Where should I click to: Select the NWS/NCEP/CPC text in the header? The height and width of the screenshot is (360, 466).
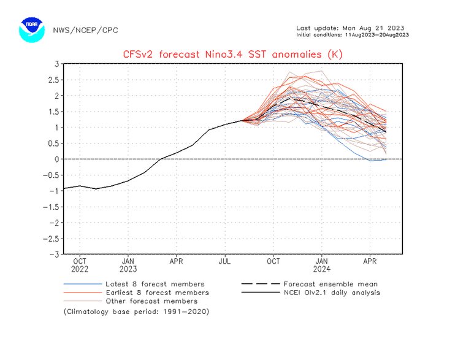click(x=85, y=30)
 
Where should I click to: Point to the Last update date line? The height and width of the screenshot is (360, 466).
click(x=350, y=28)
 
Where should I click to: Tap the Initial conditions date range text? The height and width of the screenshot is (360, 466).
click(x=352, y=34)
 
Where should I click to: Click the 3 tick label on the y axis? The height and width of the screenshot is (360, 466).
click(x=56, y=64)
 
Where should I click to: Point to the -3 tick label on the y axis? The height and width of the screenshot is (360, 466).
click(x=54, y=254)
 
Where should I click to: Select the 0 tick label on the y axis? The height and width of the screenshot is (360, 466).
click(x=56, y=159)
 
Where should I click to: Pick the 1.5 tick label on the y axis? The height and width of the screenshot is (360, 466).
click(x=53, y=112)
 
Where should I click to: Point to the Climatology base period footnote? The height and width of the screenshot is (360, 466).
click(x=136, y=312)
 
